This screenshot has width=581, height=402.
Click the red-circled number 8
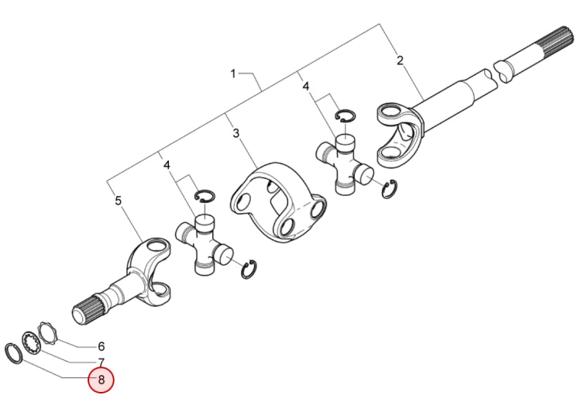(101, 380)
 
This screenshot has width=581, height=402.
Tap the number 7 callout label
(101, 362)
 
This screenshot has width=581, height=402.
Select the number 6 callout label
(101, 346)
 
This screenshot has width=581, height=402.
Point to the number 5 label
(118, 201)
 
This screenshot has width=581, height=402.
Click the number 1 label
(233, 74)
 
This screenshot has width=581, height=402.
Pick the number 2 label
(400, 60)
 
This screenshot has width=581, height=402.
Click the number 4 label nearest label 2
(306, 86)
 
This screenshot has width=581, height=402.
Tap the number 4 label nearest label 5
(167, 165)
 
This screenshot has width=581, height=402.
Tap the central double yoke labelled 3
(279, 202)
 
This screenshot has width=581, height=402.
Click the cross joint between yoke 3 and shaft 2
(344, 163)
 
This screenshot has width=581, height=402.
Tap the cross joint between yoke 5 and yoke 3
(205, 245)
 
